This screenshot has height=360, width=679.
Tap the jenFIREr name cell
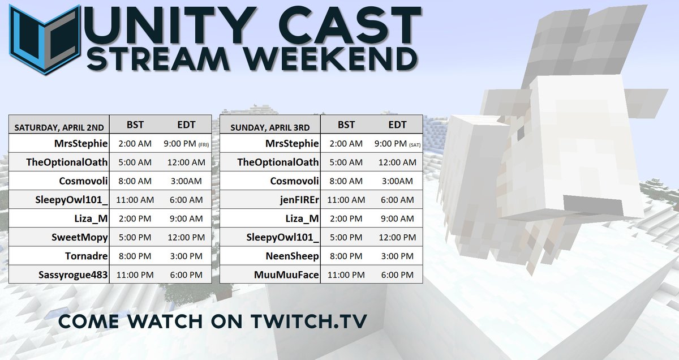[294, 200]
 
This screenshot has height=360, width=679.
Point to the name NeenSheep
[293, 256]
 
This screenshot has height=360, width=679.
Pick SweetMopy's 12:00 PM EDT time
[186, 237]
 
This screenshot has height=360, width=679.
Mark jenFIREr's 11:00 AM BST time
[346, 200]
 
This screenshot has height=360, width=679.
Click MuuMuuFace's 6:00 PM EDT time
[397, 275]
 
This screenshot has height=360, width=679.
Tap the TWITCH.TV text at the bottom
[310, 321]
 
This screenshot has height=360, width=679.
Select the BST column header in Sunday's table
[346, 125]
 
